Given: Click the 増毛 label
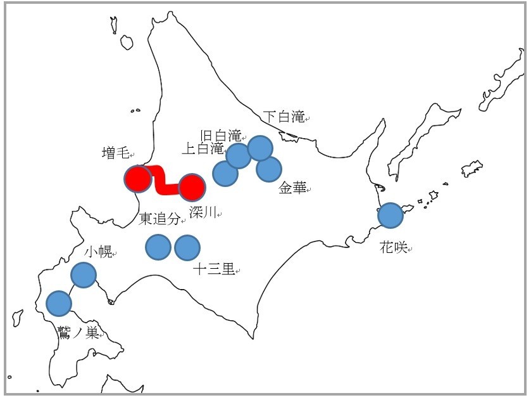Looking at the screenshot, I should [115, 153].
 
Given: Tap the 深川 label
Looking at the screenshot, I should [202, 213].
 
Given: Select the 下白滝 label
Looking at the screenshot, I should [283, 117].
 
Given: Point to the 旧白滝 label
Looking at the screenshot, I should [220, 135].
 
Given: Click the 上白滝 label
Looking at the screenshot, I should [203, 149].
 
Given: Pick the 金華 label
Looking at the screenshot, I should [292, 188].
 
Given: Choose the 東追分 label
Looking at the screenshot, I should [160, 219].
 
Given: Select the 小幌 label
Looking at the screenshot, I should [97, 252].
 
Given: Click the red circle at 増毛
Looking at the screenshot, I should [138, 179].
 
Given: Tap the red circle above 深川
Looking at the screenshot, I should [192, 188].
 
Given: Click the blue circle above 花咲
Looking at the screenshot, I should [390, 216].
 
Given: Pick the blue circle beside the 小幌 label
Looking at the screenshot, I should [83, 275].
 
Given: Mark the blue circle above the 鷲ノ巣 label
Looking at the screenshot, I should [59, 303].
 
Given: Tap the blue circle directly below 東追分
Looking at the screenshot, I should [158, 247].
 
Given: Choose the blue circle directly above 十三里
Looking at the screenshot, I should [187, 247].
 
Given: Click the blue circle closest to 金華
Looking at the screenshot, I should [269, 169].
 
